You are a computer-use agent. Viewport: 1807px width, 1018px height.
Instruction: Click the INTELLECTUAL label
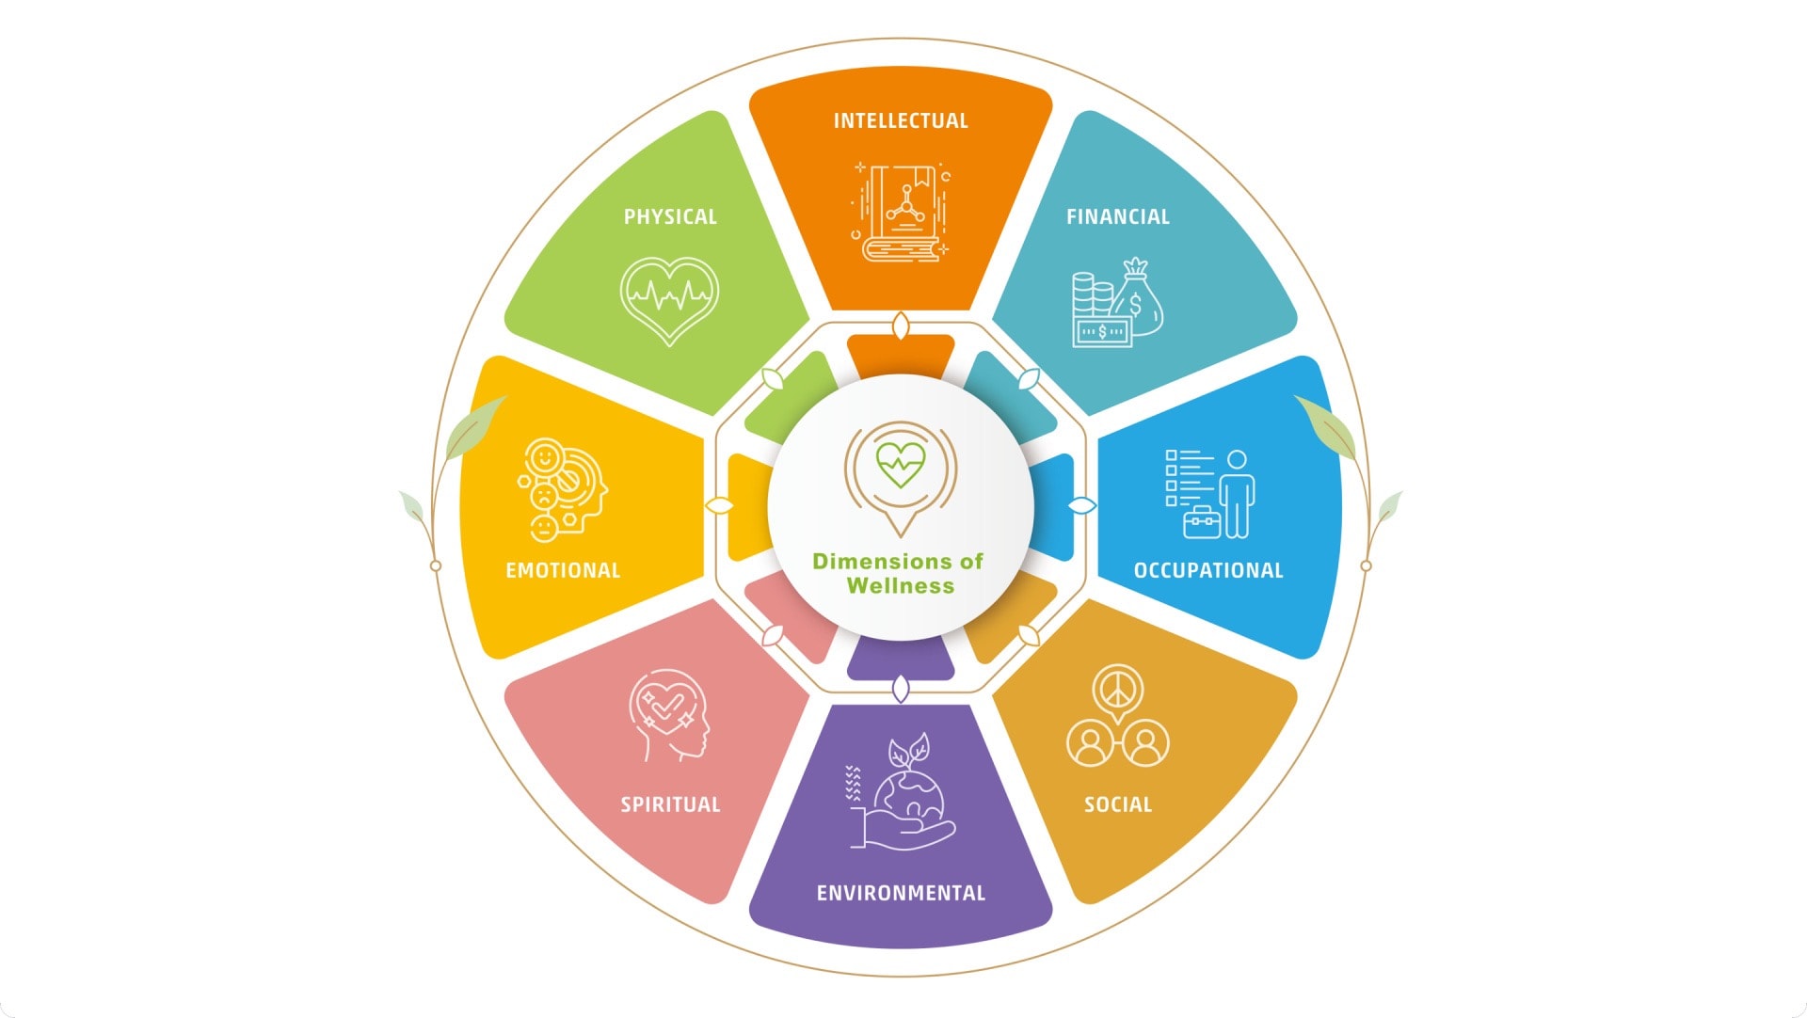tap(901, 121)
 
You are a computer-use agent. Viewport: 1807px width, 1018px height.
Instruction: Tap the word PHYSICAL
tap(670, 217)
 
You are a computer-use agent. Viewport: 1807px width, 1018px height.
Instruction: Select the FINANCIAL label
tap(1118, 217)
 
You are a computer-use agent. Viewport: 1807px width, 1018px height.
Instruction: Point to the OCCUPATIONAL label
tap(1208, 571)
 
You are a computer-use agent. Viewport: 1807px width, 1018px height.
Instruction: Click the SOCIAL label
tap(1118, 805)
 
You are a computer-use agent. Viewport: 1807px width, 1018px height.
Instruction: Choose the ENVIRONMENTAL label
tap(901, 894)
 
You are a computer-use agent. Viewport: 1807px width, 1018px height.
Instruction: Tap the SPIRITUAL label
tap(670, 805)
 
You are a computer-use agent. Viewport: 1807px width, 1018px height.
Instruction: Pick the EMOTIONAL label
tap(563, 571)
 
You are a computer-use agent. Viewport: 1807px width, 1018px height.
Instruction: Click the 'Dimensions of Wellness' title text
tap(899, 574)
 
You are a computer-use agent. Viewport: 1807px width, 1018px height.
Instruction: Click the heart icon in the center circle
tap(901, 464)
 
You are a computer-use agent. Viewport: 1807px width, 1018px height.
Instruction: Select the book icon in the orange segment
tap(902, 214)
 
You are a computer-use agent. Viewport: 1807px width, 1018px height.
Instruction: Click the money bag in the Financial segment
tap(1138, 297)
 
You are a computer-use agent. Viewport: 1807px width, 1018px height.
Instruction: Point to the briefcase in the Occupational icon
tap(1202, 522)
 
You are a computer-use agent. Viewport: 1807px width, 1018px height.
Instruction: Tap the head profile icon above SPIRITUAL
tap(668, 715)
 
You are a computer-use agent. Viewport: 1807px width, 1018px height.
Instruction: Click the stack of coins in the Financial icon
tap(1093, 297)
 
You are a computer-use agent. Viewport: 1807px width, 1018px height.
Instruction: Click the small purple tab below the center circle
tap(901, 659)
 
